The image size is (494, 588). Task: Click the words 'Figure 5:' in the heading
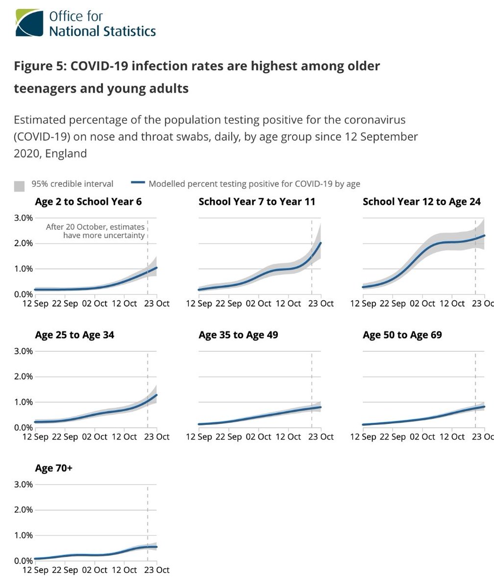pyautogui.click(x=40, y=66)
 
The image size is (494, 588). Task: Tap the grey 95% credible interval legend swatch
pyautogui.click(x=19, y=186)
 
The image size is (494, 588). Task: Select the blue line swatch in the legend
pyautogui.click(x=138, y=183)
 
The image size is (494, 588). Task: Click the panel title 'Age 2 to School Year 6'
pyautogui.click(x=88, y=201)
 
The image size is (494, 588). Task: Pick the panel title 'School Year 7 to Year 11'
pyautogui.click(x=257, y=201)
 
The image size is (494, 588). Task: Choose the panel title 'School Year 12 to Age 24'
pyautogui.click(x=421, y=201)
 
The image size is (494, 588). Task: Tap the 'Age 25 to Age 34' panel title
pyautogui.click(x=74, y=335)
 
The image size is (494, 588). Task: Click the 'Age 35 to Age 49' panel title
pyautogui.click(x=238, y=335)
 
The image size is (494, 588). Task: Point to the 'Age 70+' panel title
pyautogui.click(x=53, y=468)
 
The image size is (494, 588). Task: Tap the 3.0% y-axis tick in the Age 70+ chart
pyautogui.click(x=23, y=485)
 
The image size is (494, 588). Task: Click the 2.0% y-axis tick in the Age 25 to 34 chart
pyautogui.click(x=23, y=377)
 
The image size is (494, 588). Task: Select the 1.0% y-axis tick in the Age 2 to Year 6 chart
pyautogui.click(x=23, y=269)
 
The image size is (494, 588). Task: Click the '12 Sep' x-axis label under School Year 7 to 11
pyautogui.click(x=198, y=303)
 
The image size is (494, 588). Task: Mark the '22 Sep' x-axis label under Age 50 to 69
pyautogui.click(x=392, y=437)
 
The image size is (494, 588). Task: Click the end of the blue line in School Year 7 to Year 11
pyautogui.click(x=321, y=243)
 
